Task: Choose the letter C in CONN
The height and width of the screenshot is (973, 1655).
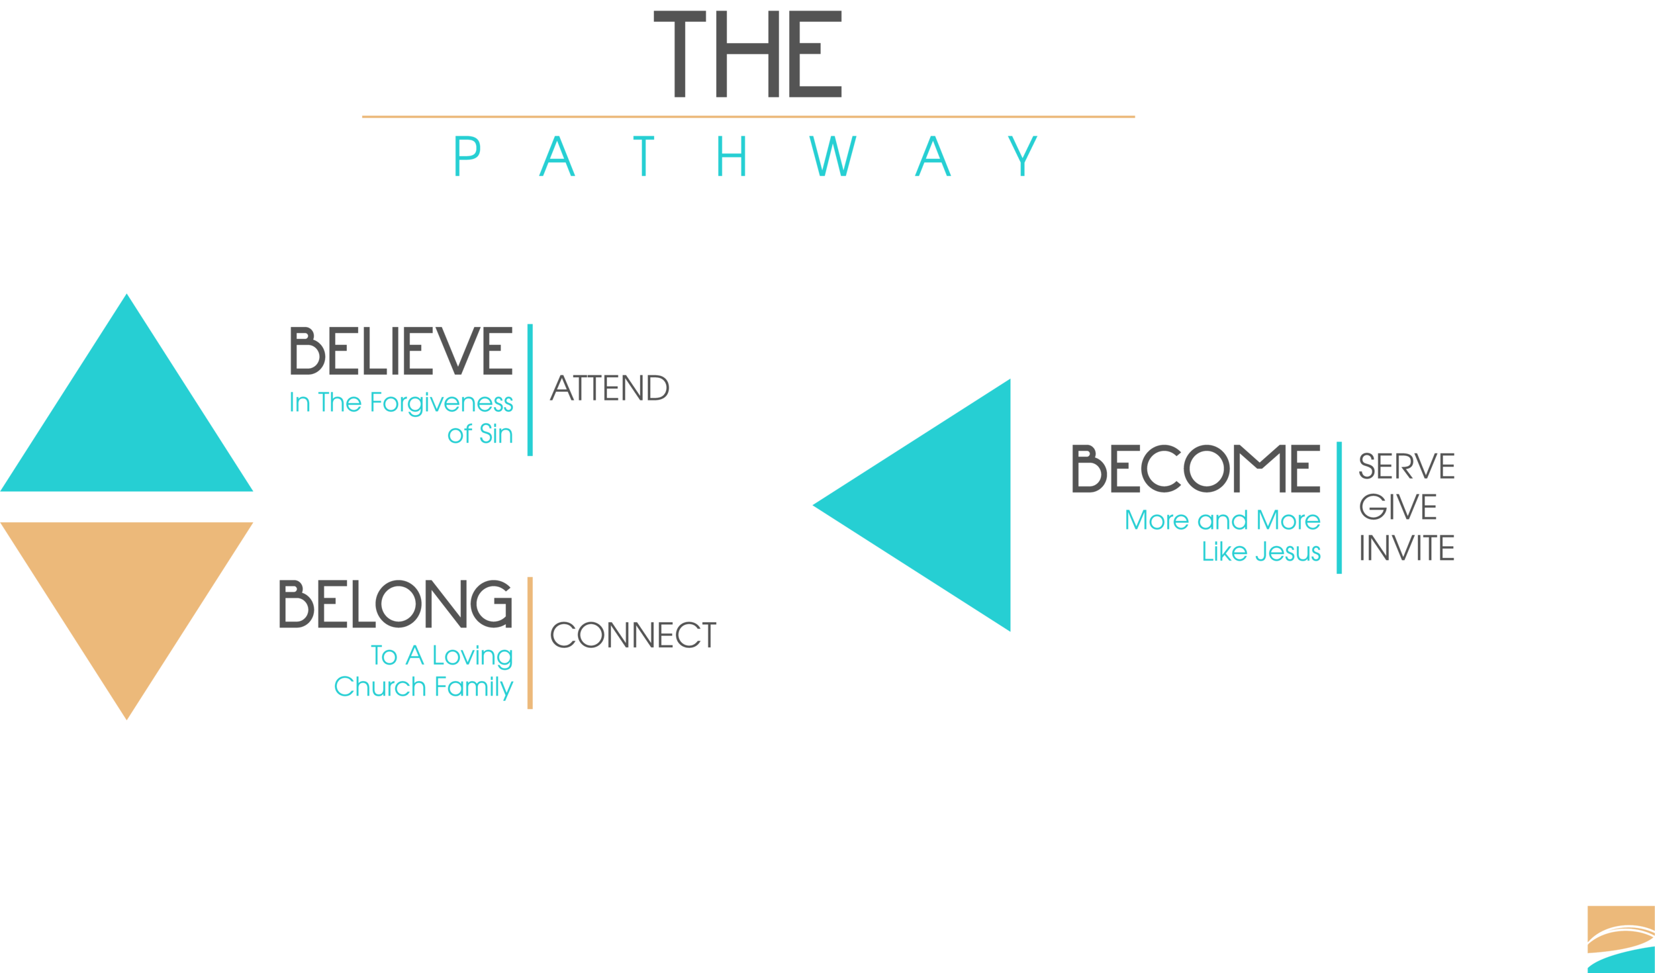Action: [563, 638]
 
